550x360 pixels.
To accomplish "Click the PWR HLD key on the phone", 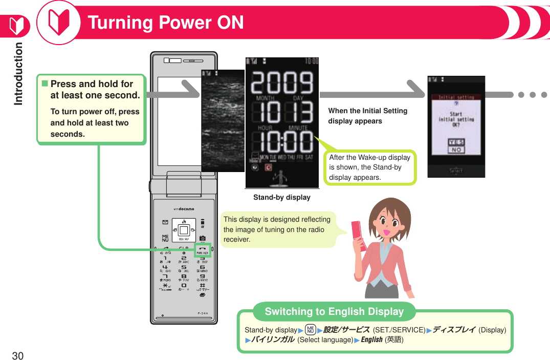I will point(203,250).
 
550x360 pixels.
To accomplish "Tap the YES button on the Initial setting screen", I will point(456,142).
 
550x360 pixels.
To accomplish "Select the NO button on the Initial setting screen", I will point(456,150).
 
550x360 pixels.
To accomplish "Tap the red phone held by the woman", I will point(359,235).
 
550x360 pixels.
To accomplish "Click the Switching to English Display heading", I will point(334,311).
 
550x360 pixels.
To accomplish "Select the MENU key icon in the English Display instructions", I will point(309,330).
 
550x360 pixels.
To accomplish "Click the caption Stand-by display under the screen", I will point(282,197).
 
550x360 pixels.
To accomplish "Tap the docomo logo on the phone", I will point(184,209).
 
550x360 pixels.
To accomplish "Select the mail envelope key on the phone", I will point(165,222).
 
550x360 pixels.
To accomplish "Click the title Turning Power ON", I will point(166,23).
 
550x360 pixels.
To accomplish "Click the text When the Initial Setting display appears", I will point(367,116).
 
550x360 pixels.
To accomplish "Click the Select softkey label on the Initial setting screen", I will point(456,171).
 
